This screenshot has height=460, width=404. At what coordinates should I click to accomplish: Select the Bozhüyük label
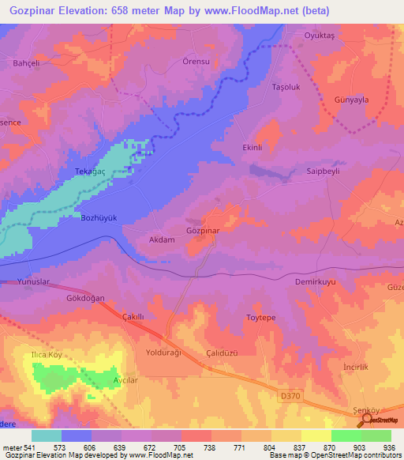(99, 217)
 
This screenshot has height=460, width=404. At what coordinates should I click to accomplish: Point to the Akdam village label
(162, 239)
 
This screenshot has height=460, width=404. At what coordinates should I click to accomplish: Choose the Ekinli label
(252, 148)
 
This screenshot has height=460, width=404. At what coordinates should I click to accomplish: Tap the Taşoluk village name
(287, 86)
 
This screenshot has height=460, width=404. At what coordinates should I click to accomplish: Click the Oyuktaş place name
(320, 36)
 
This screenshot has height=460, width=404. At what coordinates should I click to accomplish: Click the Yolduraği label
(164, 353)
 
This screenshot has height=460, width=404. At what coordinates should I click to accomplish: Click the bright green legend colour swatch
(346, 435)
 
